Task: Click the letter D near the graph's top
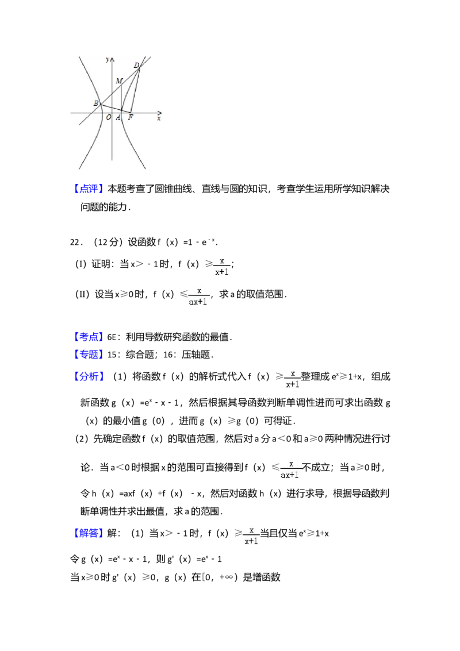(x=136, y=65)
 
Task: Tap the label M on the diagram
(x=118, y=81)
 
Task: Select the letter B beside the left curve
(x=95, y=103)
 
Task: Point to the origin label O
(x=108, y=118)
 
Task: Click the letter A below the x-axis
(x=118, y=118)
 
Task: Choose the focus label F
(x=131, y=118)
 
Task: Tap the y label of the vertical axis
(x=108, y=60)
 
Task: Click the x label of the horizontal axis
(x=159, y=118)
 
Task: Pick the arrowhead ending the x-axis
(x=161, y=113)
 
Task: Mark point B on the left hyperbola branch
(x=101, y=105)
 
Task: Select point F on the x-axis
(x=131, y=113)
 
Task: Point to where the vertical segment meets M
(x=121, y=85)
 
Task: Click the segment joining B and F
(x=116, y=109)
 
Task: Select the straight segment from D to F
(x=136, y=90)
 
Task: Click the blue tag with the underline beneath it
(x=89, y=533)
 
